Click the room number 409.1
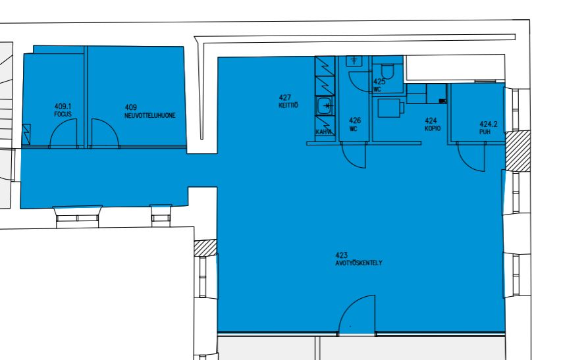point(63,107)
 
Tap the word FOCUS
point(63,115)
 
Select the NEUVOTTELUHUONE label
point(150,116)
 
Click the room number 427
point(285,97)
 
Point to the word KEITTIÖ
point(288,105)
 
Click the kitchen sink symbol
point(325,106)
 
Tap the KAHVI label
point(323,132)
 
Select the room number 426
point(355,120)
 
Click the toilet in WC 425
point(387,71)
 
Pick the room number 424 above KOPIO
point(431,121)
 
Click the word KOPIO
point(433,128)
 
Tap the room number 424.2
point(489,124)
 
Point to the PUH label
point(485,132)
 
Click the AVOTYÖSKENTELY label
point(359,263)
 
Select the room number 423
point(341,255)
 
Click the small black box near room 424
point(442,101)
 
